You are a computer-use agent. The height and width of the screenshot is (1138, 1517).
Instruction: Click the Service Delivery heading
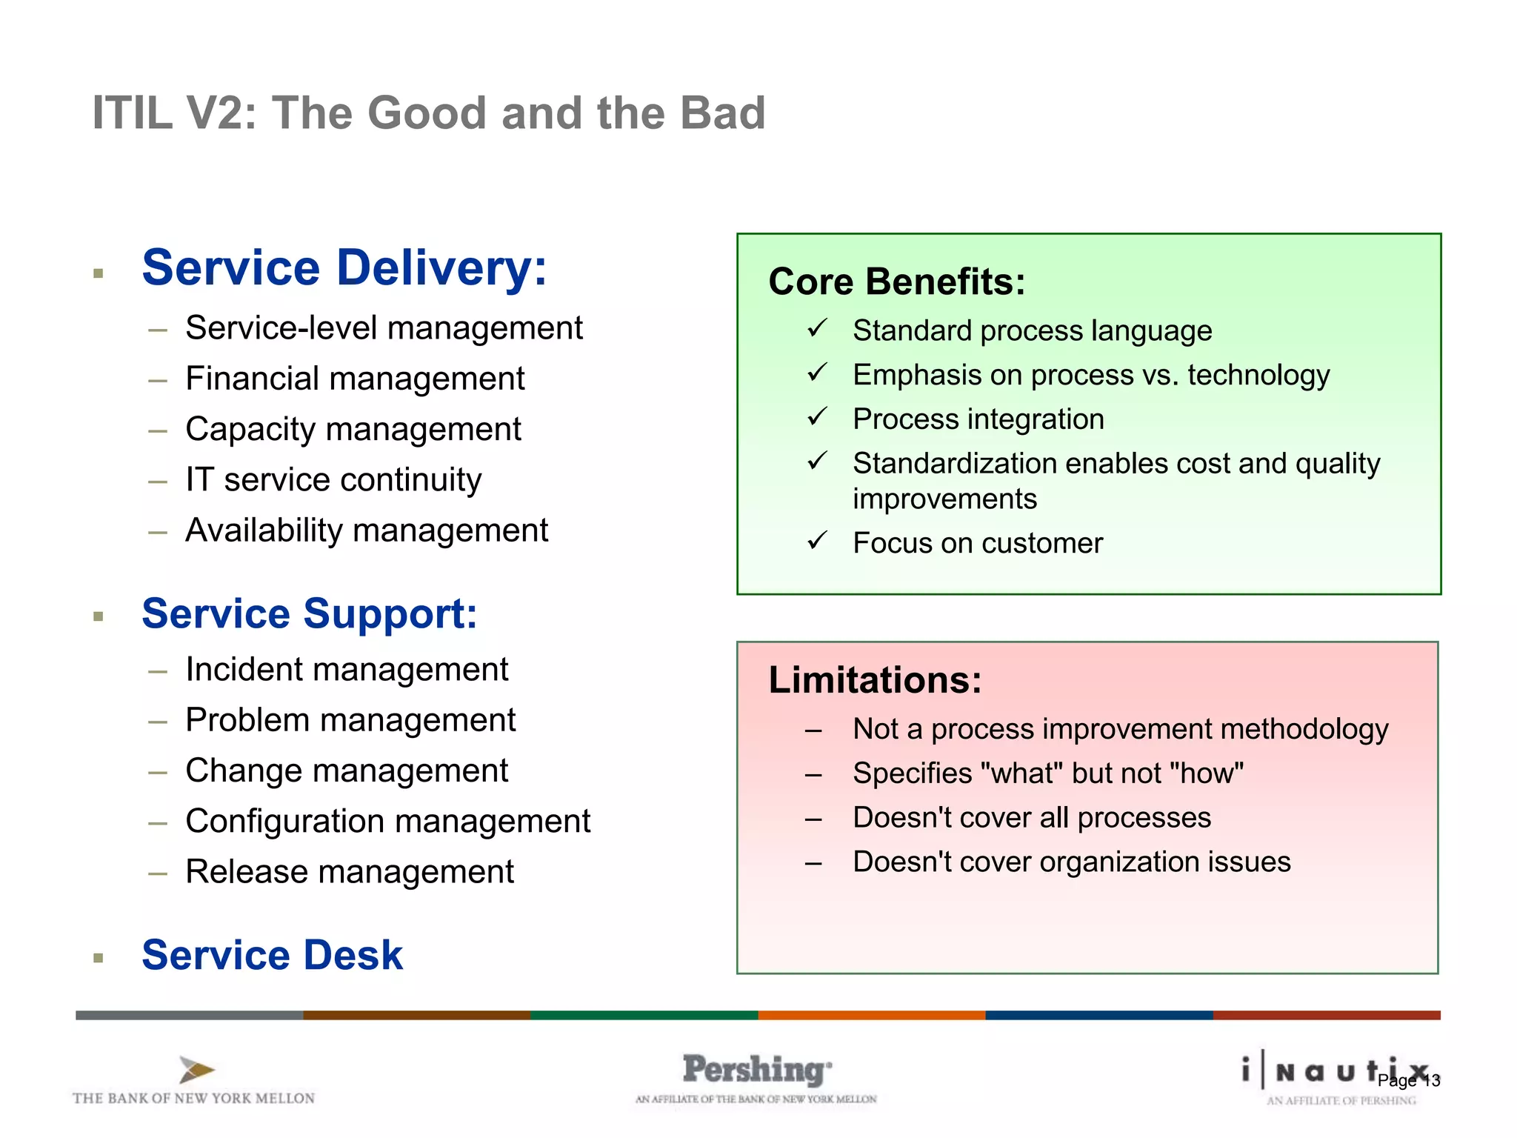(x=344, y=267)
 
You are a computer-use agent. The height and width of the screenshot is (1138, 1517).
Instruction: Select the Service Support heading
(x=310, y=614)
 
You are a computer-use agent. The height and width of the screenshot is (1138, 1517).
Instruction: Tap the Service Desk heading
(x=272, y=955)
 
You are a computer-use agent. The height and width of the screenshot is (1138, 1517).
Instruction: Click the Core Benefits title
(x=896, y=282)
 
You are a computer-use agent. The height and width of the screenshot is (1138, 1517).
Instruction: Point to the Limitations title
(x=875, y=680)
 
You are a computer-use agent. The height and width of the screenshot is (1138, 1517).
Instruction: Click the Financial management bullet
(x=355, y=379)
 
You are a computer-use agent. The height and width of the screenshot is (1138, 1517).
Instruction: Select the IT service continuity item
(x=333, y=480)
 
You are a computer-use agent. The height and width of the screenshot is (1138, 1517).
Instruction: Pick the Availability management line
(x=367, y=530)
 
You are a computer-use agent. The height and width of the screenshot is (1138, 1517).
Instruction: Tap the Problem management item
(x=350, y=720)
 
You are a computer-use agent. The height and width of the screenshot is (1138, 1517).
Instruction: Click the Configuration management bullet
(x=387, y=822)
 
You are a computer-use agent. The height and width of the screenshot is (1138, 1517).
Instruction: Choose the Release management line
(x=350, y=872)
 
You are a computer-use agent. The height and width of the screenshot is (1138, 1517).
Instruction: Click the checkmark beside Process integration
(x=817, y=418)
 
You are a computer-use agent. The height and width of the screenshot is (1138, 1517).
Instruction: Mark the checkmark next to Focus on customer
(x=817, y=542)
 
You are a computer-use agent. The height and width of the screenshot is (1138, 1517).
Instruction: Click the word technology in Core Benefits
(x=1258, y=376)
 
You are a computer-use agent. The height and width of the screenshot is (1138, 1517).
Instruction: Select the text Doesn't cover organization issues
(x=1071, y=862)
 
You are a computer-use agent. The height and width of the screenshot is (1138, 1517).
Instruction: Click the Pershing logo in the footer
(x=756, y=1071)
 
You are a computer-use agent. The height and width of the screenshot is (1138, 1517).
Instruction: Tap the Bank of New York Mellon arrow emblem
(x=196, y=1070)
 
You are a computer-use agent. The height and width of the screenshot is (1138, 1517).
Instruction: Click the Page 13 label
(x=1408, y=1081)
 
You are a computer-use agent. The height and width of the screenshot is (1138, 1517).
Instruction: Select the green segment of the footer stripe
(x=644, y=1015)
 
